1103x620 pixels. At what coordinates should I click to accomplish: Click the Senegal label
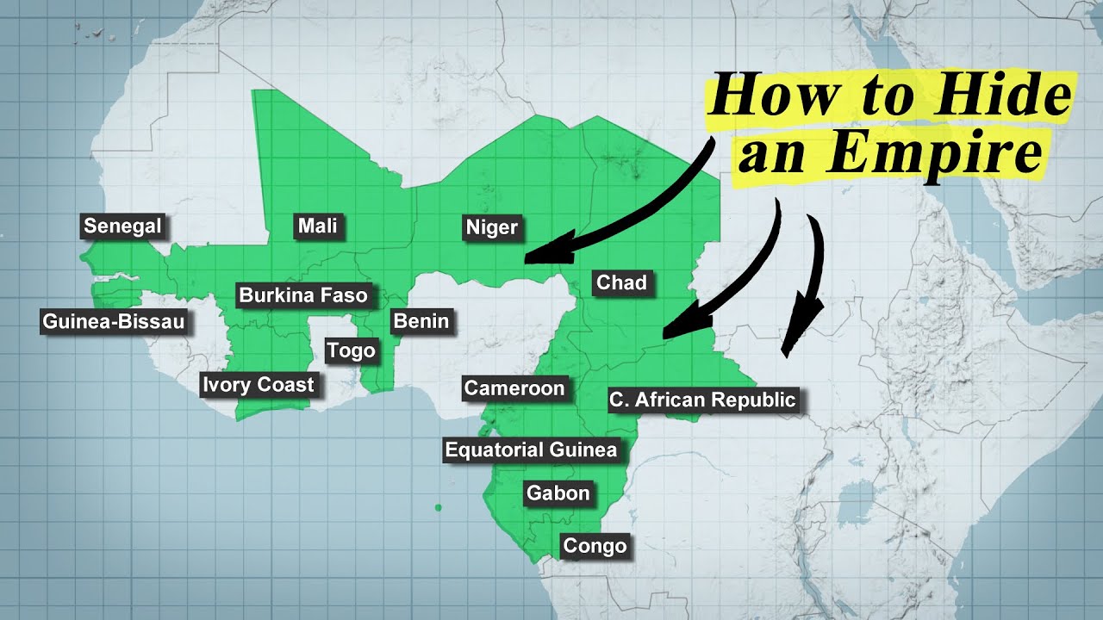tap(122, 226)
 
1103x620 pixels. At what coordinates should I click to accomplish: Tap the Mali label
tap(317, 226)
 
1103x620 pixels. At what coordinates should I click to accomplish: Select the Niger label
tap(492, 227)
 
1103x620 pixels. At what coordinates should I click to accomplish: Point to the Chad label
tap(621, 282)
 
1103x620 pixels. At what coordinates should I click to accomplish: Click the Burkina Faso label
tap(303, 295)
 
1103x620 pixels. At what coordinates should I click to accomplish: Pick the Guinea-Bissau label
tap(113, 322)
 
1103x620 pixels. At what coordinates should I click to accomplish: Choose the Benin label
tap(421, 321)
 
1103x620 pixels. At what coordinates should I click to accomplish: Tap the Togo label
tap(351, 350)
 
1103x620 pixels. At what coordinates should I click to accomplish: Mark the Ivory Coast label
tap(259, 384)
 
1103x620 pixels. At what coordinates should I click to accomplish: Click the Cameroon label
tap(514, 388)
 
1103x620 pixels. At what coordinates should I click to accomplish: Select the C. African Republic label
tap(702, 400)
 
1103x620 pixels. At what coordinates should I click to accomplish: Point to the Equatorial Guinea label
tap(531, 449)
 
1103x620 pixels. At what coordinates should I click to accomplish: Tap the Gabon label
tap(558, 493)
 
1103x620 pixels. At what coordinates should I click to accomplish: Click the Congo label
tap(594, 546)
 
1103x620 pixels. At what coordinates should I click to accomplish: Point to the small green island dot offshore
tap(438, 508)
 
